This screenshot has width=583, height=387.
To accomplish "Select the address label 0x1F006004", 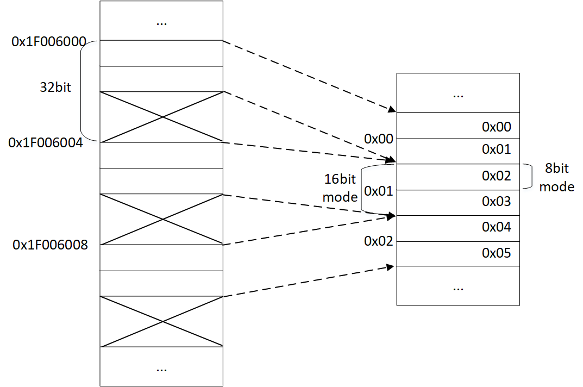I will tap(46, 142).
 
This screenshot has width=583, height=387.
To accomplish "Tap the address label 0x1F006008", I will tap(50, 245).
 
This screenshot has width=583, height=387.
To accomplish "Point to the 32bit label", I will tap(55, 88).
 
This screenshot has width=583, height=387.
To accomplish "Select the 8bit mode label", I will tap(556, 178).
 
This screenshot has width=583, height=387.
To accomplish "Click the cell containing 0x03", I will tap(458, 202).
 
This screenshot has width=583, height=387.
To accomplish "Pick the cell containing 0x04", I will tap(458, 228).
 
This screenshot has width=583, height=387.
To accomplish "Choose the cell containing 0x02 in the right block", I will tap(458, 177).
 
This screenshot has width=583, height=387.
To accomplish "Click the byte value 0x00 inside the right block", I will tap(496, 127).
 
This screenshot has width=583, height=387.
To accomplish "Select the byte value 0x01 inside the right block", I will tap(496, 149).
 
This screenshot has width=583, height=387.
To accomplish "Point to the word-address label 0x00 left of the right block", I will tap(379, 139).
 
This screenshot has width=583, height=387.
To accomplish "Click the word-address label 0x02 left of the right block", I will tap(379, 241).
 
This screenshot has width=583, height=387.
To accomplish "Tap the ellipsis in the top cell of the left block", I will tap(161, 23).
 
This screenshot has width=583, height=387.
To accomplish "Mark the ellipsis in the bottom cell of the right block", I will tap(458, 286).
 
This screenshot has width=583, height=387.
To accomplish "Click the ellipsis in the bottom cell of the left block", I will tap(161, 368).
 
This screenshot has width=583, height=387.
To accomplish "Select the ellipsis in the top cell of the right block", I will tap(458, 94).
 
